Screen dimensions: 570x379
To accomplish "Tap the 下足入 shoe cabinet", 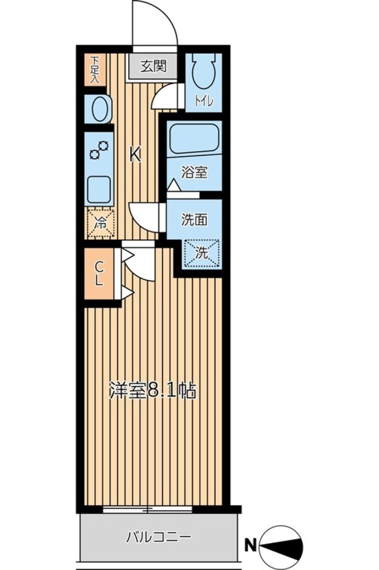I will (95, 70).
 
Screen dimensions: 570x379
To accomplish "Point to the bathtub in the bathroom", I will (195, 138).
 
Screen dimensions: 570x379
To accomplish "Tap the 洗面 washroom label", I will (194, 220).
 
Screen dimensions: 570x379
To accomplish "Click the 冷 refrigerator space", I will (100, 222).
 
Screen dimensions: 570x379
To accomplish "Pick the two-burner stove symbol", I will (99, 151).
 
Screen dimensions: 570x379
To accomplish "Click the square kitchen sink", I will (99, 188).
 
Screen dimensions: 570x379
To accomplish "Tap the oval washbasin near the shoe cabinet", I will (99, 110).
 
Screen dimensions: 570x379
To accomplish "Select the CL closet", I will (99, 274).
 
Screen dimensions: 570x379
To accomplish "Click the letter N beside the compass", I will (250, 543).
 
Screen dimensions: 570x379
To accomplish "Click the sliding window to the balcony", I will (148, 509).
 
